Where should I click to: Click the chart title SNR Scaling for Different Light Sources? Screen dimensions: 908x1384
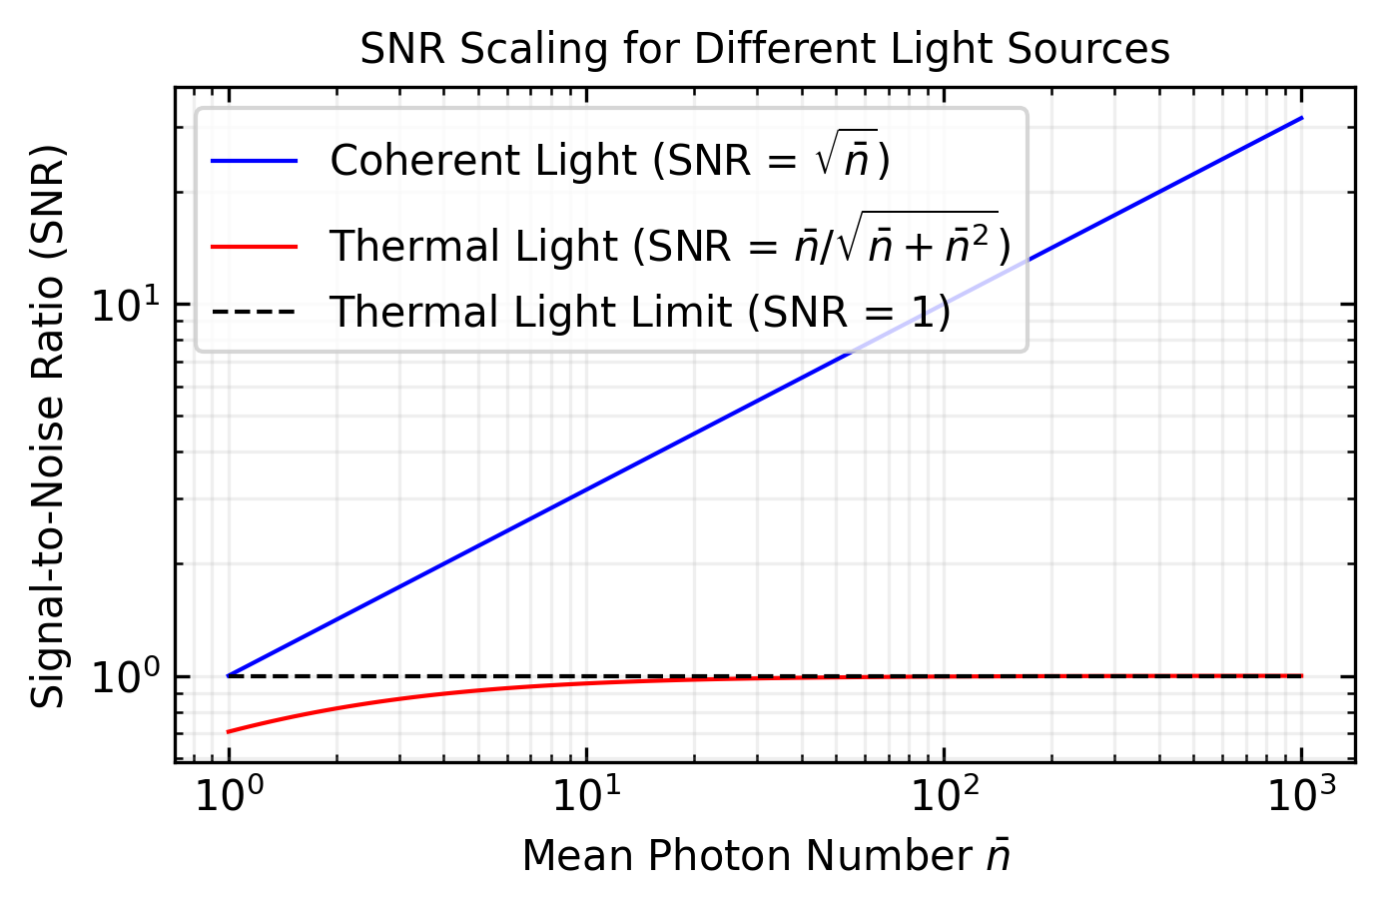coord(764,49)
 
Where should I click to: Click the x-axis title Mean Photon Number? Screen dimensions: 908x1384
coord(766,856)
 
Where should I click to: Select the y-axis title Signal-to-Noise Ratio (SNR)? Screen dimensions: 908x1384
coord(47,427)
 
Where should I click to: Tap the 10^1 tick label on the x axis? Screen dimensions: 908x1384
coord(586,797)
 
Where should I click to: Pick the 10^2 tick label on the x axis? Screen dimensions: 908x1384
coord(944,797)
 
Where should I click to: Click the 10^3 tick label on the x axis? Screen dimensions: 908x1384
coord(1301,797)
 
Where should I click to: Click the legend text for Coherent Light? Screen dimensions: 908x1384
coord(609,160)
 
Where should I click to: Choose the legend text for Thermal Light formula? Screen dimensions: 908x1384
coord(669,244)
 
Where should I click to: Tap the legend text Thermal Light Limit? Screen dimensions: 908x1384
coord(639,312)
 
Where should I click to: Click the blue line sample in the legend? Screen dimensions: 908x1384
coord(255,161)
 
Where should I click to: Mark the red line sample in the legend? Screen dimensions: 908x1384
coord(255,246)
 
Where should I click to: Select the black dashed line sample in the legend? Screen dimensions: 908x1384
coord(255,312)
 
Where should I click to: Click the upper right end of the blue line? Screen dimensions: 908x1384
coord(1301,118)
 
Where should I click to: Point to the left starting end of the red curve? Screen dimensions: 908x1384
coord(230,732)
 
